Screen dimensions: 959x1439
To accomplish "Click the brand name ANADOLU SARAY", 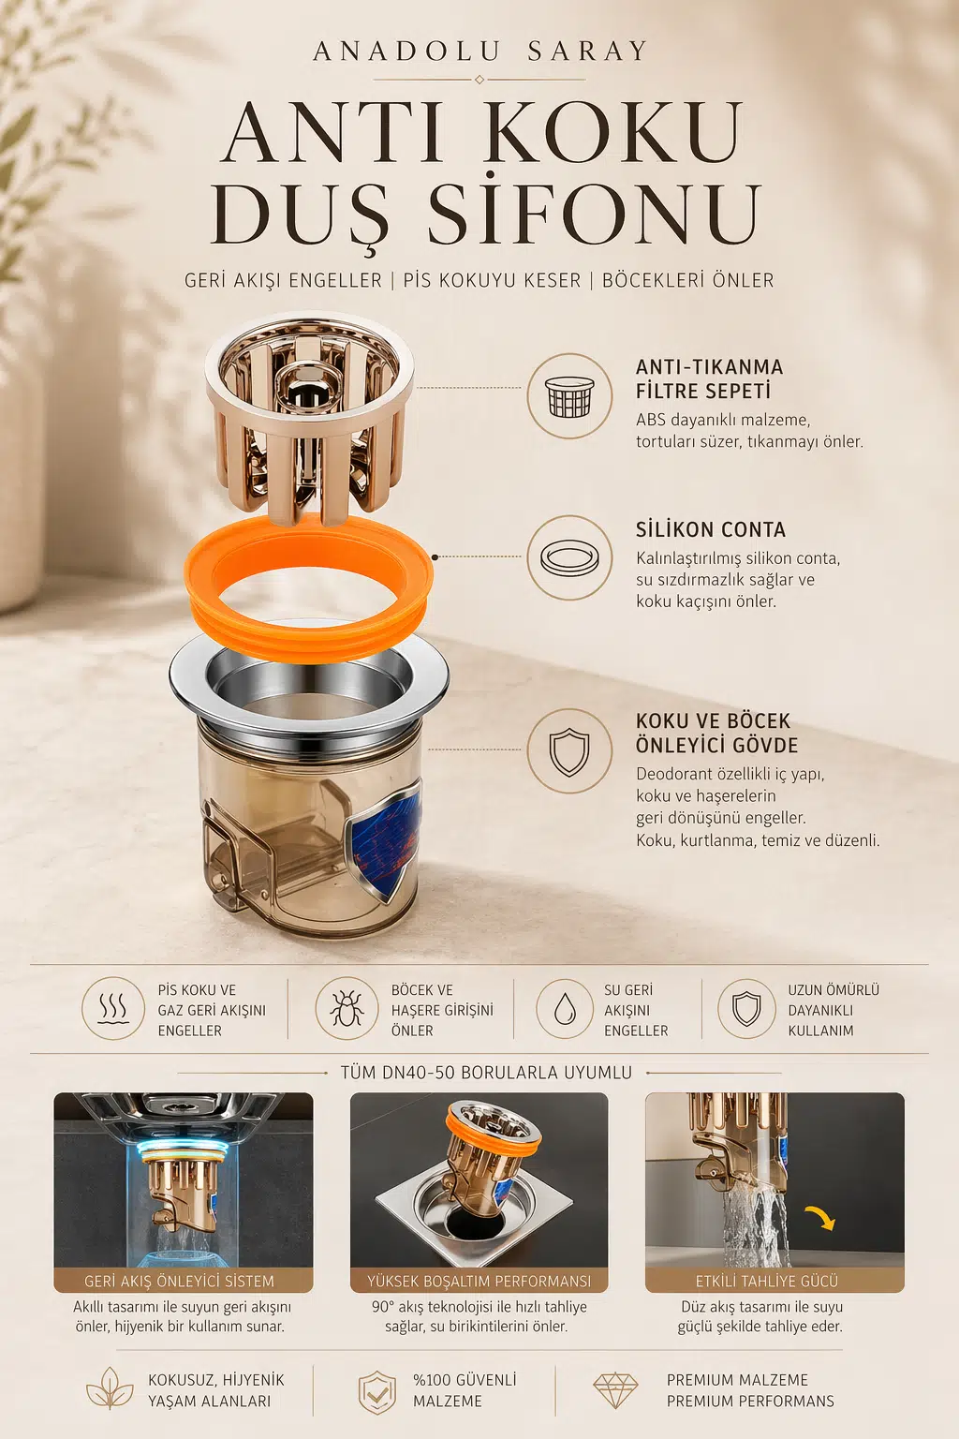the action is (479, 52).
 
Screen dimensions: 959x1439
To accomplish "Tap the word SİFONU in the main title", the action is (594, 214).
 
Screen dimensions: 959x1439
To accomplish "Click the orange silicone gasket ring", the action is (308, 588).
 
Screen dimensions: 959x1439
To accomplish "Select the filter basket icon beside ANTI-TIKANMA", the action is (569, 395).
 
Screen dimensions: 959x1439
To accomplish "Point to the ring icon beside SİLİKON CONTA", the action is (569, 557).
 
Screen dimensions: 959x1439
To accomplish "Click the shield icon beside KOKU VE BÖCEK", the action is (569, 751).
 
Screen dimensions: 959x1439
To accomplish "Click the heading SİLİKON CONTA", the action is (711, 530).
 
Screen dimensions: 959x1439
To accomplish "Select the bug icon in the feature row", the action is (347, 1009).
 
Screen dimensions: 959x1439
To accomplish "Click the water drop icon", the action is (565, 1009).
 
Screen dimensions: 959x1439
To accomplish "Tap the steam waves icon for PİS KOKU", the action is (113, 1009).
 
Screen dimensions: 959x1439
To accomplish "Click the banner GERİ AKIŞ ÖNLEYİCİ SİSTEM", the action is (184, 1281).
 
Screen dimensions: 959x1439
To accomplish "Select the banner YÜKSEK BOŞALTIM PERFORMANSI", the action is (479, 1281).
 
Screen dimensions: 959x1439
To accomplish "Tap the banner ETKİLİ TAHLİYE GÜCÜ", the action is (775, 1281).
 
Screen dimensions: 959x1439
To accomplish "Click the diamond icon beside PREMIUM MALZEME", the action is (615, 1390).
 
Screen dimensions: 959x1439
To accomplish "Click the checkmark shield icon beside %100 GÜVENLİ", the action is (377, 1391).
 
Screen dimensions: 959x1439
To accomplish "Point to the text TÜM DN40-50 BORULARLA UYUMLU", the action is (486, 1073).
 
